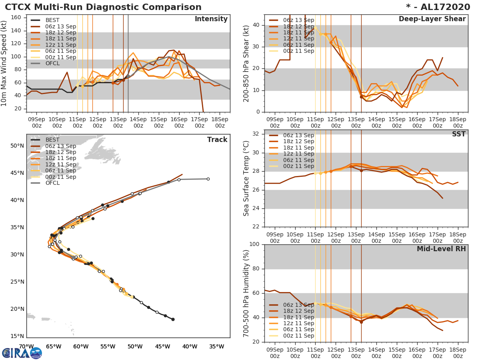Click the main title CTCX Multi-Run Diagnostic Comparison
coord(103,7)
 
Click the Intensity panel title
coord(211,19)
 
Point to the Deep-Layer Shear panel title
coord(432,19)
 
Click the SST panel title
coord(459,134)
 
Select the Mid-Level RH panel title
coord(441,249)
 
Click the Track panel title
coord(217,140)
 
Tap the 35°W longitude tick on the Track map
coord(216,346)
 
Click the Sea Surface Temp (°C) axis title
coord(246,178)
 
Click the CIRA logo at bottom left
coord(22,353)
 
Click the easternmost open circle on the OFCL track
coord(208,179)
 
